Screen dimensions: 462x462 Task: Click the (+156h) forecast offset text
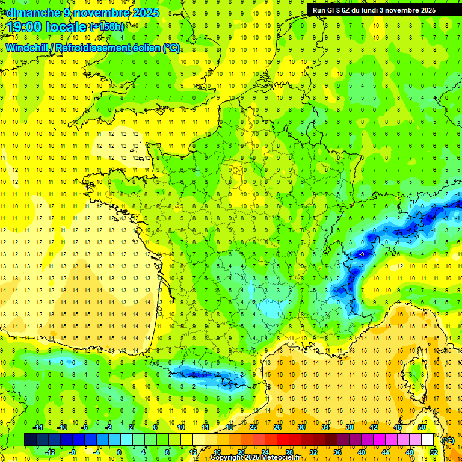[106, 26]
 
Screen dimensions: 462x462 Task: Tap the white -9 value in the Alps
[361, 255]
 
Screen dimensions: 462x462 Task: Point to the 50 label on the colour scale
[422, 427]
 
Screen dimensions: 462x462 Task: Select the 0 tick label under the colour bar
[119, 452]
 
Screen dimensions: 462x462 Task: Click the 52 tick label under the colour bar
[433, 452]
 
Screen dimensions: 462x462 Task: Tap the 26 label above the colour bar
[277, 427]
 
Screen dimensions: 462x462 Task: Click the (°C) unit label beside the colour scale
[448, 440]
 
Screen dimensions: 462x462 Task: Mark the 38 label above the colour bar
[350, 427]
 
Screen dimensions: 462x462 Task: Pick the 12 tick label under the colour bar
[193, 452]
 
